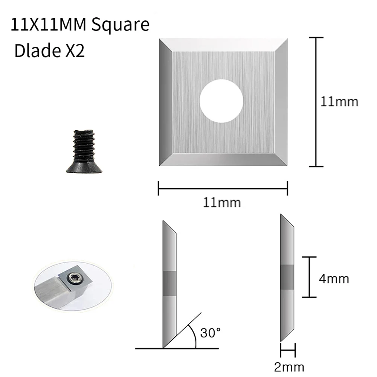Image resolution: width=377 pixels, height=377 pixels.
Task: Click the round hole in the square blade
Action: click(221, 101)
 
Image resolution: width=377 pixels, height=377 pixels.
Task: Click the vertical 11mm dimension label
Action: click(339, 102)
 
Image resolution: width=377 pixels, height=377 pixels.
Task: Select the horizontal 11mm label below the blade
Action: click(222, 203)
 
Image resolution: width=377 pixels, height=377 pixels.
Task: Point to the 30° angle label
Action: click(210, 333)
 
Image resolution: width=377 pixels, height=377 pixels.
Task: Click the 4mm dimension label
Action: click(334, 279)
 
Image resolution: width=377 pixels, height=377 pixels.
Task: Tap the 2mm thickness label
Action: click(289, 366)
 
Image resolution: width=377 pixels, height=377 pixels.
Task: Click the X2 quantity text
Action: click(72, 51)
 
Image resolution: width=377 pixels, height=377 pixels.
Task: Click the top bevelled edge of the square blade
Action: click(223, 45)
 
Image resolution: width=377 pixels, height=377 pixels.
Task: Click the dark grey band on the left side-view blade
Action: click(169, 283)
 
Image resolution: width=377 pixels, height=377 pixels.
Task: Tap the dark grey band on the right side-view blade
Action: click(287, 277)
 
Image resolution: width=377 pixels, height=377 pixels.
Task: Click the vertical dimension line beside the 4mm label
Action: click(310, 277)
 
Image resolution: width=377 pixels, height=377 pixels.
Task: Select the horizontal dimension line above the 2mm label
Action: click(288, 348)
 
